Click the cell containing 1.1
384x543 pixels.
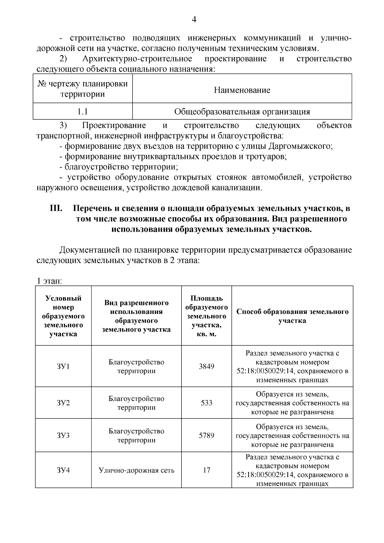(83, 112)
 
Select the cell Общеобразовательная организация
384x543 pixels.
(242, 112)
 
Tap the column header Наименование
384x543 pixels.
(242, 90)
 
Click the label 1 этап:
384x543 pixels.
(49, 281)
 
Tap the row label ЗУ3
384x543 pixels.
(63, 435)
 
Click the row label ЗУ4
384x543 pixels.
(63, 470)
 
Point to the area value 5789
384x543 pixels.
(206, 435)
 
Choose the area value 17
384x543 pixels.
(206, 470)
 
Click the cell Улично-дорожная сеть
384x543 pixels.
(136, 470)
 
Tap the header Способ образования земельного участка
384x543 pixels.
(292, 316)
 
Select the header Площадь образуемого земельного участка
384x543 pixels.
(206, 316)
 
